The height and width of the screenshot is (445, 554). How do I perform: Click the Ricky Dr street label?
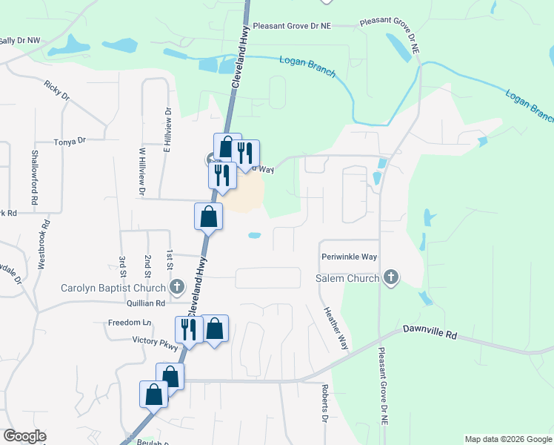pos(56,91)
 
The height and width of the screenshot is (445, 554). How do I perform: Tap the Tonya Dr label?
pos(70,140)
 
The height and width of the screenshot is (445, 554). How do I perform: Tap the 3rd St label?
pos(122,266)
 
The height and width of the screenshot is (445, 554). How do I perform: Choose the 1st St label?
pos(170,260)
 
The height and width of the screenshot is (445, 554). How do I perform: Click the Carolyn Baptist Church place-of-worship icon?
pos(176,286)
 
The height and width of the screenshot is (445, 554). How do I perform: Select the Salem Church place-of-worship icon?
pos(391,278)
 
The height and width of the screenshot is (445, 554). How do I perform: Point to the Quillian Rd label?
pos(146,303)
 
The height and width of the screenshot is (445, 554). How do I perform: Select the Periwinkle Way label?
pos(350,257)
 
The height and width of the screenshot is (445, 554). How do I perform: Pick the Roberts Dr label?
pos(324,403)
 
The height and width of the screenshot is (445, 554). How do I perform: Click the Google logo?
pos(24,436)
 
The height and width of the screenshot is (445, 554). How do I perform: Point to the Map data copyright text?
pos(507,439)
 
